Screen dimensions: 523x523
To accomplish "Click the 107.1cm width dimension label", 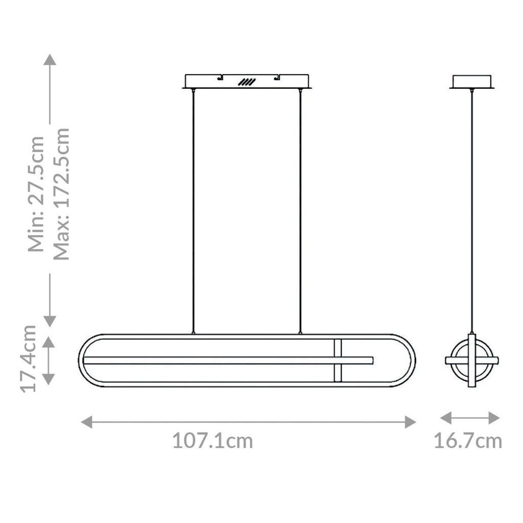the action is point(212,441).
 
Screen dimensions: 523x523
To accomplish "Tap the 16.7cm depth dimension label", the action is point(468,441).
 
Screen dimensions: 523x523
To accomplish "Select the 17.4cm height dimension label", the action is point(29,359).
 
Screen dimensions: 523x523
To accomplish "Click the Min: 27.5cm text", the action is point(36,194).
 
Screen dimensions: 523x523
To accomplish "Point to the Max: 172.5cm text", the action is point(62,194).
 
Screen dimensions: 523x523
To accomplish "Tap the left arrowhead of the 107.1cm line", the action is point(87,422).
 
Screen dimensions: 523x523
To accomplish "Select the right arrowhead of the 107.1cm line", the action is point(410,422).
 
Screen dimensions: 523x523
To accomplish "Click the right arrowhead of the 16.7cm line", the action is point(494,418).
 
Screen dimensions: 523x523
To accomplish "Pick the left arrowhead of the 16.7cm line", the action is point(446,418).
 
